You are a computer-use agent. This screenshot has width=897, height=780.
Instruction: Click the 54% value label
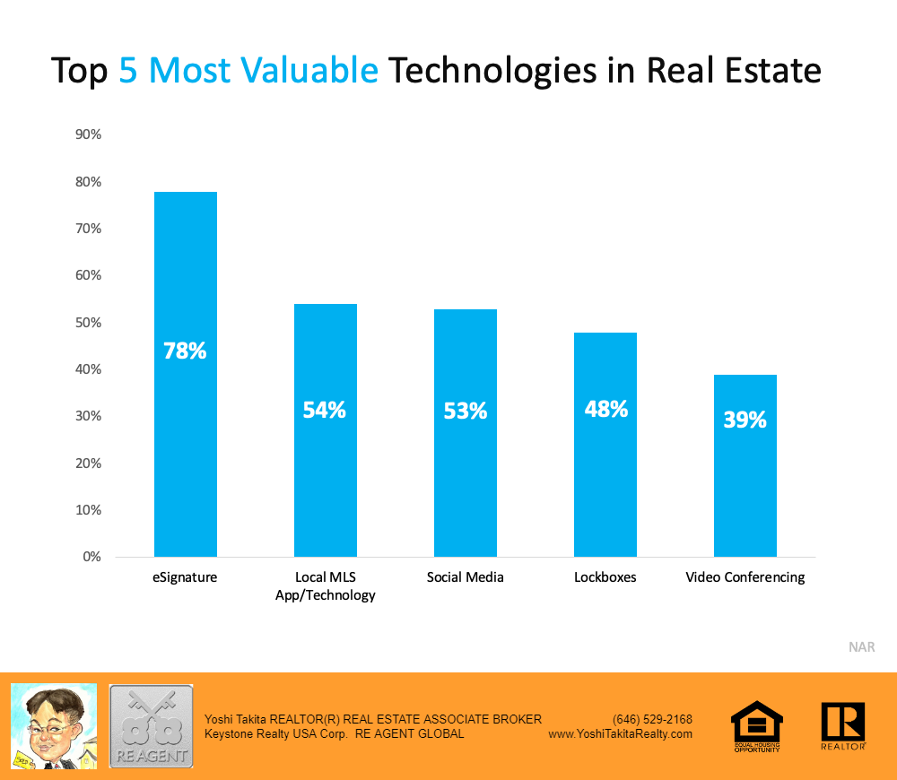(325, 410)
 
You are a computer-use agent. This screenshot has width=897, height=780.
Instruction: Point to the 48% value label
(605, 409)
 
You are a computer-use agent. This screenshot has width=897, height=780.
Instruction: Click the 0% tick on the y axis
(90, 557)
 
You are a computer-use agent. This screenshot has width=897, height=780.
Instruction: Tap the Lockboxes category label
(605, 577)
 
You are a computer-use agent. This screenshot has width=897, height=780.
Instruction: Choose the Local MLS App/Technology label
(325, 585)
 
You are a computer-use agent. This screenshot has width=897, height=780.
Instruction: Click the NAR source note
(861, 646)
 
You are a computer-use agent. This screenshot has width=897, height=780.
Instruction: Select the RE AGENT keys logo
(151, 725)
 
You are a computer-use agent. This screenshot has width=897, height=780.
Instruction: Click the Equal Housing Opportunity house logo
(757, 724)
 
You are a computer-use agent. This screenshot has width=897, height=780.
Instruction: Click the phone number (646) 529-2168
(652, 719)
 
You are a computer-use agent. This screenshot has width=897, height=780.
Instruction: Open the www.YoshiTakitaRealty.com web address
(620, 733)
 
